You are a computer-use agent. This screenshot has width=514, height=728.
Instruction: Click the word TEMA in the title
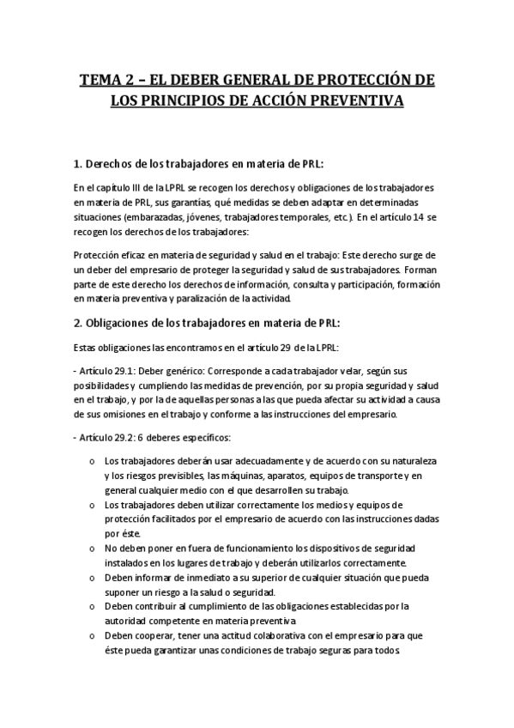pyautogui.click(x=101, y=81)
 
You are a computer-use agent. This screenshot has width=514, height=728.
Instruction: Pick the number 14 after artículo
pyautogui.click(x=420, y=218)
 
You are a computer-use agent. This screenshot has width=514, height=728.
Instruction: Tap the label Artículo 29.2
pyautogui.click(x=102, y=438)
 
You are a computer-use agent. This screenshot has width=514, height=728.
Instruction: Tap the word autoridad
pyautogui.click(x=128, y=621)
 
